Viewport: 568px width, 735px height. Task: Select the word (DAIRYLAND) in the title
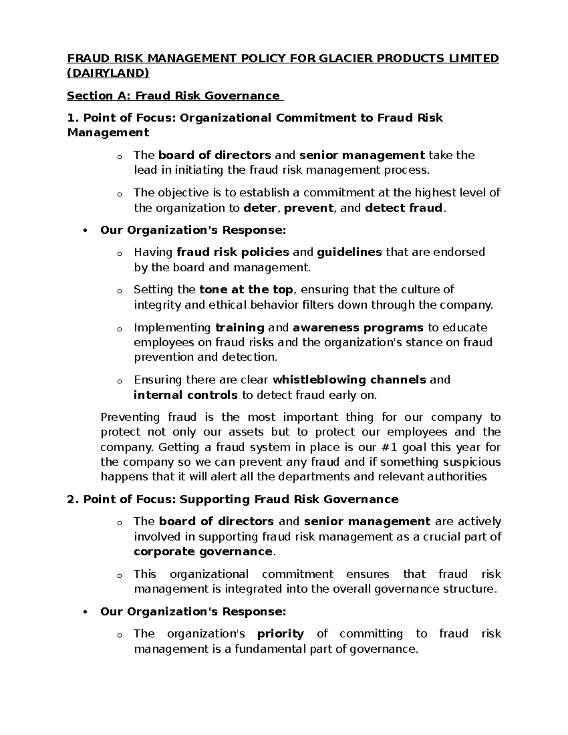108,73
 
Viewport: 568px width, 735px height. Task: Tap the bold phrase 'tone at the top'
247,289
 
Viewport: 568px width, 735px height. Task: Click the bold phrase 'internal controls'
186,395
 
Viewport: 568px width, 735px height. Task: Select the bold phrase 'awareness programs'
358,328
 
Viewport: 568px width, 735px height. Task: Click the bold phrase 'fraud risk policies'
232,252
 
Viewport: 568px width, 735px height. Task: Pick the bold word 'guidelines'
349,252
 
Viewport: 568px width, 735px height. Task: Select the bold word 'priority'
280,634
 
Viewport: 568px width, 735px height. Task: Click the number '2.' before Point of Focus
73,499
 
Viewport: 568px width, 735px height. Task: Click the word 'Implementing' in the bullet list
172,328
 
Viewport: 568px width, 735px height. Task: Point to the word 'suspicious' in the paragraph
464,461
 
